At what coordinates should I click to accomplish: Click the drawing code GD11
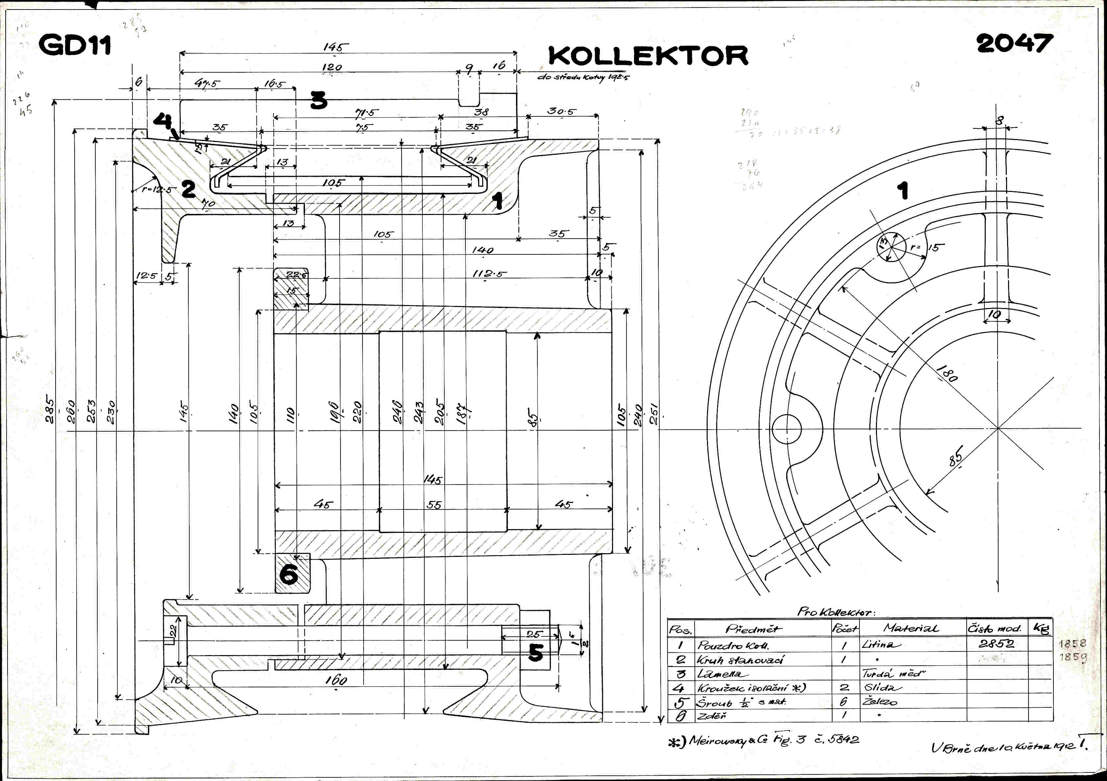(75, 45)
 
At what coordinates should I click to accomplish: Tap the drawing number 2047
(1014, 43)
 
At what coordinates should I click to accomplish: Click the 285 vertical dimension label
(50, 410)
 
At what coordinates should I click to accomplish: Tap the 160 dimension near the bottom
(336, 680)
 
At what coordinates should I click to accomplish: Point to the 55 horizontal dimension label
(434, 505)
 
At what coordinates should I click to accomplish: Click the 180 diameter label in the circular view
(947, 374)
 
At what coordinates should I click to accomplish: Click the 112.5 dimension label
(490, 274)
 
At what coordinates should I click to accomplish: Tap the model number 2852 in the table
(996, 644)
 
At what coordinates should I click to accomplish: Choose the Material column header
(911, 628)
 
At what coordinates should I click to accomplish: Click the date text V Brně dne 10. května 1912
(1003, 747)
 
